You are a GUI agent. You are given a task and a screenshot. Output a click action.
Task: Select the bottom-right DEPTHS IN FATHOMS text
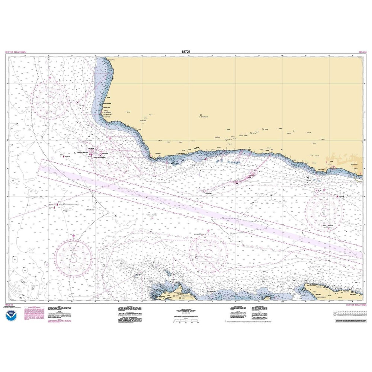[356, 305]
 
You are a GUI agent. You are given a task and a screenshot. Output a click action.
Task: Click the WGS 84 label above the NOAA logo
[8, 305]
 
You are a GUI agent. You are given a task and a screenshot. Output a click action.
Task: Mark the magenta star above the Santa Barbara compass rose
[324, 190]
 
